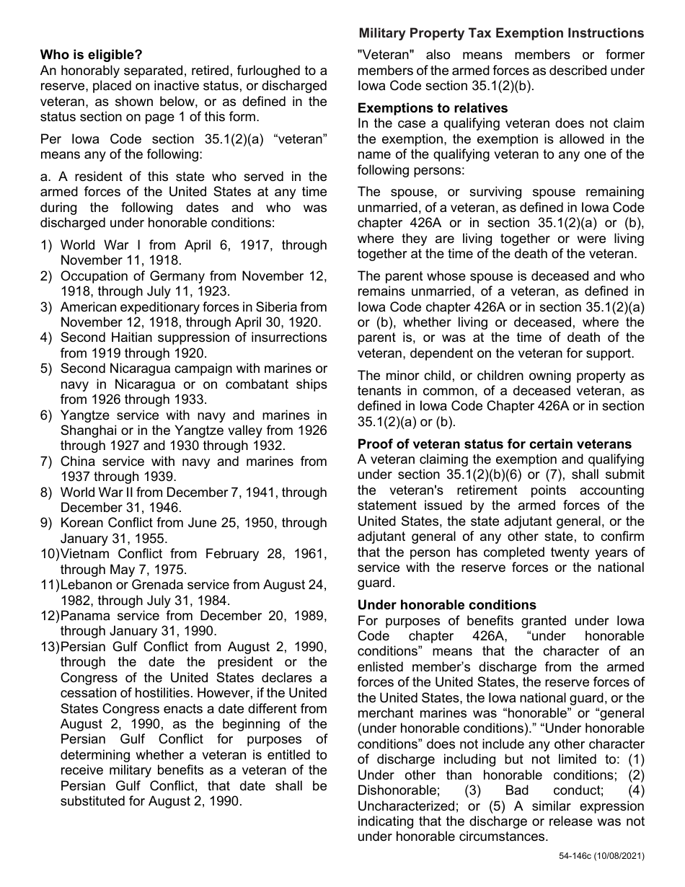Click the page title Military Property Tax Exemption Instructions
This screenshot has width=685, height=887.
(x=500, y=33)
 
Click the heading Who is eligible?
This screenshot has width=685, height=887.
(x=91, y=54)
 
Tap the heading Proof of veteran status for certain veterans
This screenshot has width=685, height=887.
(x=494, y=444)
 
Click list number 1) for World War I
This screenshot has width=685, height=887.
(x=46, y=245)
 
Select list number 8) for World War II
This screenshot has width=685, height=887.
(x=46, y=493)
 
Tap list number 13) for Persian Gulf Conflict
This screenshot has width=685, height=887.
(x=49, y=647)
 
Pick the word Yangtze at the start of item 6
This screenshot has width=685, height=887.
(x=84, y=415)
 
